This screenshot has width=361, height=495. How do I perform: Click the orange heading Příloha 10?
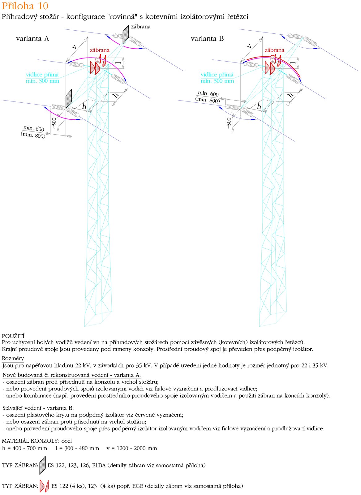[x=25, y=6]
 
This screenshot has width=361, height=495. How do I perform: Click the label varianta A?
[x=32, y=39]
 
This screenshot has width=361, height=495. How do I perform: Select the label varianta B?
[x=207, y=39]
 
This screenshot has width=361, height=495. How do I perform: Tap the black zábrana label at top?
[x=141, y=27]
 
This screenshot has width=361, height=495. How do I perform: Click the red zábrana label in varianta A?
[x=100, y=50]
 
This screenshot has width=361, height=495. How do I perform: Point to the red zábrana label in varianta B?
[x=274, y=50]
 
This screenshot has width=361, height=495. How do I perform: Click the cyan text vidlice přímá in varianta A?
[x=42, y=75]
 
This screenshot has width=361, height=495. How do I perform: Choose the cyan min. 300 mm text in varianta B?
[x=217, y=81]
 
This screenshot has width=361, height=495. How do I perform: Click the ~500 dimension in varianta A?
[x=54, y=123]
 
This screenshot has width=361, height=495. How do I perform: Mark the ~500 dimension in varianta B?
[x=229, y=123]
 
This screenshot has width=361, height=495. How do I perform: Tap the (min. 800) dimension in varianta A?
[x=33, y=135]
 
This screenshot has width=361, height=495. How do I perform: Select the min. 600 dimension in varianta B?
[x=208, y=93]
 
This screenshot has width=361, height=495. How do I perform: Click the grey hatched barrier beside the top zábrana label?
[x=126, y=34]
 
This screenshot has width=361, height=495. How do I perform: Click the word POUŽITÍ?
[x=13, y=336]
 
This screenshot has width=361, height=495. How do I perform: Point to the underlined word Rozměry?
[x=13, y=358]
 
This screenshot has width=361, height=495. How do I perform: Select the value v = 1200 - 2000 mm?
[x=132, y=448]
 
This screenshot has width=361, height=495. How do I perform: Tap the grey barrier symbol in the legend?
[x=43, y=465]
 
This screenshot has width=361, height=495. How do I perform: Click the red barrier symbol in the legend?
[x=44, y=486]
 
